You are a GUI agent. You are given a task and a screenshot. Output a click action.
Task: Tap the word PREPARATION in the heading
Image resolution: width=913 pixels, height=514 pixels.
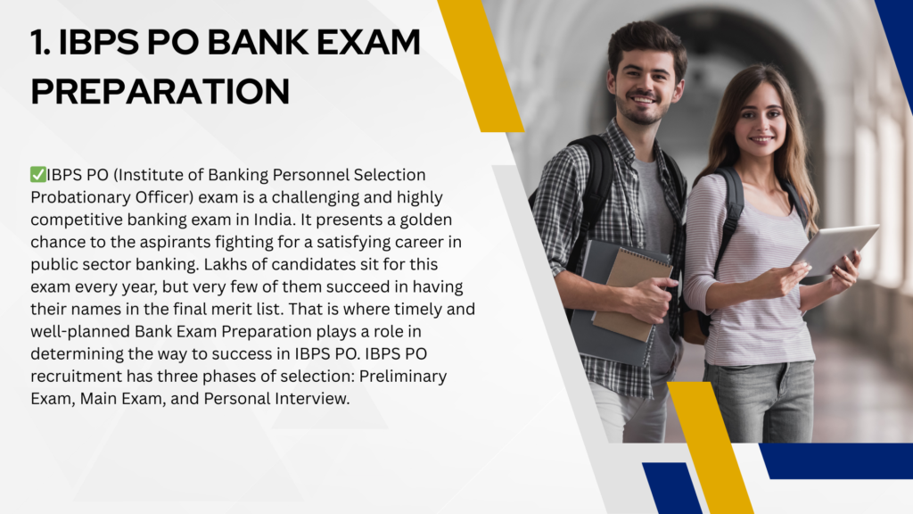click(160, 91)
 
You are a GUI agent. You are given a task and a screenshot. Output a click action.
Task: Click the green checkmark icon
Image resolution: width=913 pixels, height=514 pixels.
click(37, 174)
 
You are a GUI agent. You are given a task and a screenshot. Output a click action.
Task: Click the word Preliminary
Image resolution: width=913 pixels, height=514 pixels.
click(403, 377)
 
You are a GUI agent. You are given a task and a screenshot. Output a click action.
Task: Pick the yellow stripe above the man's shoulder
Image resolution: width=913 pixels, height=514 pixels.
click(481, 66)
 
